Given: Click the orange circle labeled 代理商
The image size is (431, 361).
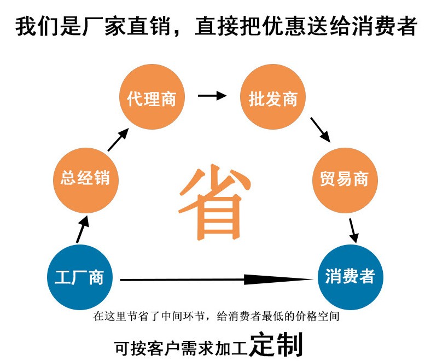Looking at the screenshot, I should pos(152,98).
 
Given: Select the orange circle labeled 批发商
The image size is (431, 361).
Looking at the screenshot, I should pos(273,98).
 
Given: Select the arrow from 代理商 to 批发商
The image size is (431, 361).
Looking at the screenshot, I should pos(212,96).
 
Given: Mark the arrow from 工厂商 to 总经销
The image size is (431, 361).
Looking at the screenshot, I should pos(81,229).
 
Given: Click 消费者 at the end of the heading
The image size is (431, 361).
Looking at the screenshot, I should pos(382,26).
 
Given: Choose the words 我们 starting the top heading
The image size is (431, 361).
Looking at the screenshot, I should pos(35,26).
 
